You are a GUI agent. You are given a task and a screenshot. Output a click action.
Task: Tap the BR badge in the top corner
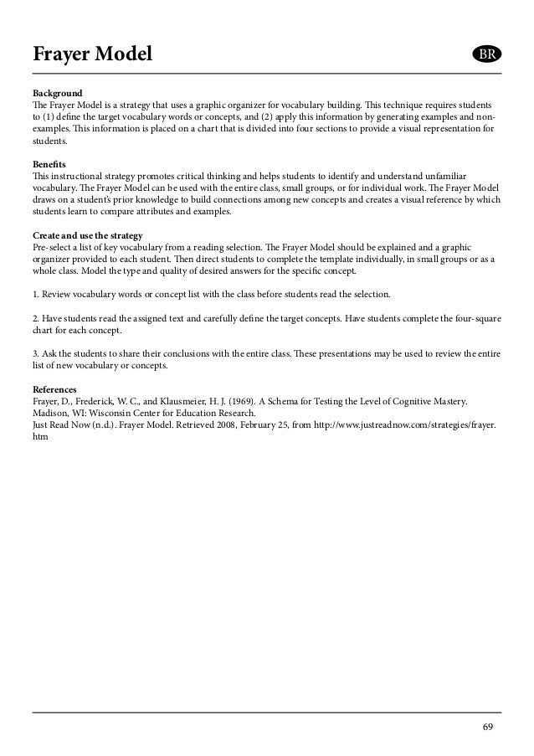click(x=484, y=55)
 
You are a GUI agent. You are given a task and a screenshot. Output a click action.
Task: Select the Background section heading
click(x=58, y=91)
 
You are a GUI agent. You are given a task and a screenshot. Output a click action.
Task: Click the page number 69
click(x=488, y=725)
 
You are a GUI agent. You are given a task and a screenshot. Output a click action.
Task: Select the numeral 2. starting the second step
click(x=36, y=320)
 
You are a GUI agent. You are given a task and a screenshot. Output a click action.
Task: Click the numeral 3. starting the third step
click(x=36, y=354)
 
